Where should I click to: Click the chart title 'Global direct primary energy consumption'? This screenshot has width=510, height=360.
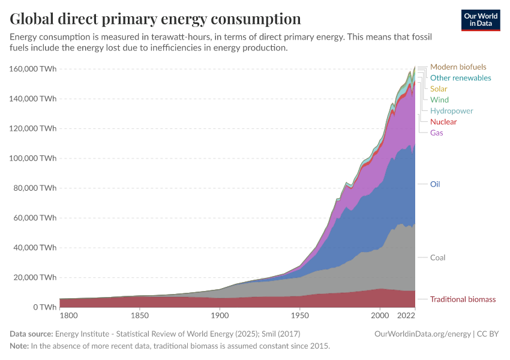[155, 19]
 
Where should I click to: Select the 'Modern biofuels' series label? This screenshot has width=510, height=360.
[458, 67]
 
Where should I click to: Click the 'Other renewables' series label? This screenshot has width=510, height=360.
[460, 78]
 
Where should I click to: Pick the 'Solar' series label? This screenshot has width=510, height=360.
[439, 89]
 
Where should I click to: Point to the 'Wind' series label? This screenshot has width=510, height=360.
[439, 100]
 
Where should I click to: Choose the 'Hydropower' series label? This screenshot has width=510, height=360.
[451, 111]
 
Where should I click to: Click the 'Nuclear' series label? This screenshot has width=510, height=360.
[443, 122]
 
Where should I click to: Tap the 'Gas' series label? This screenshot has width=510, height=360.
[437, 133]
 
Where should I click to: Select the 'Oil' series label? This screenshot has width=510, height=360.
[435, 184]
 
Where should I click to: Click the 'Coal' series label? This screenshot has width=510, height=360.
[437, 257]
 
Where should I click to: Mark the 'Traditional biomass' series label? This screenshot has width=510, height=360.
[463, 299]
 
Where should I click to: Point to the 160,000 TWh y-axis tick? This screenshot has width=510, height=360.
[33, 69]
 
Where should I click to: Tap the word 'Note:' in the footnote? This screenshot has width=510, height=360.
[20, 346]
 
